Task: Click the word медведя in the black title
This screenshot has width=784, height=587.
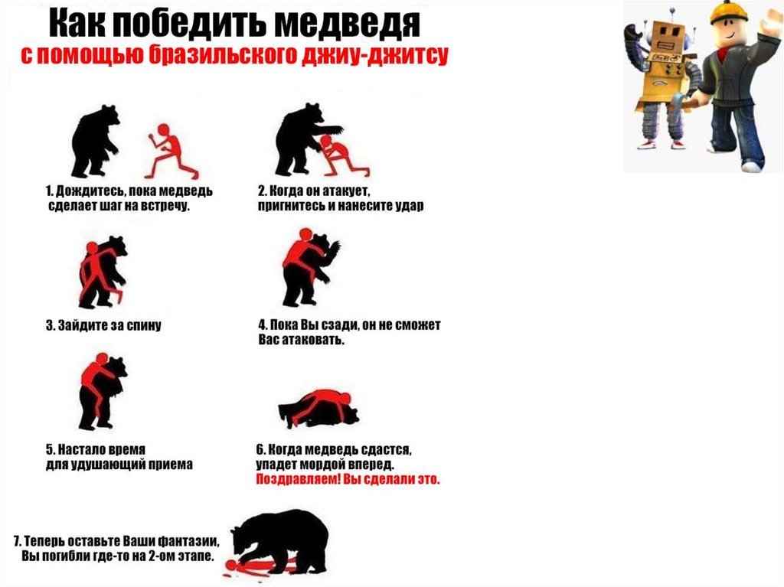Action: (348, 23)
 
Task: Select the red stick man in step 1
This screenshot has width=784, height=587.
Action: (171, 151)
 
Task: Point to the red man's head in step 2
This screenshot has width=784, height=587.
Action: (326, 142)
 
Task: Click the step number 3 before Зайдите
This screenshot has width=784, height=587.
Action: (50, 325)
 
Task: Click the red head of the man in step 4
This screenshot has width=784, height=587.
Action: (305, 235)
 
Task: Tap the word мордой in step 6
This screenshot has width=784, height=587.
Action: (322, 465)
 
